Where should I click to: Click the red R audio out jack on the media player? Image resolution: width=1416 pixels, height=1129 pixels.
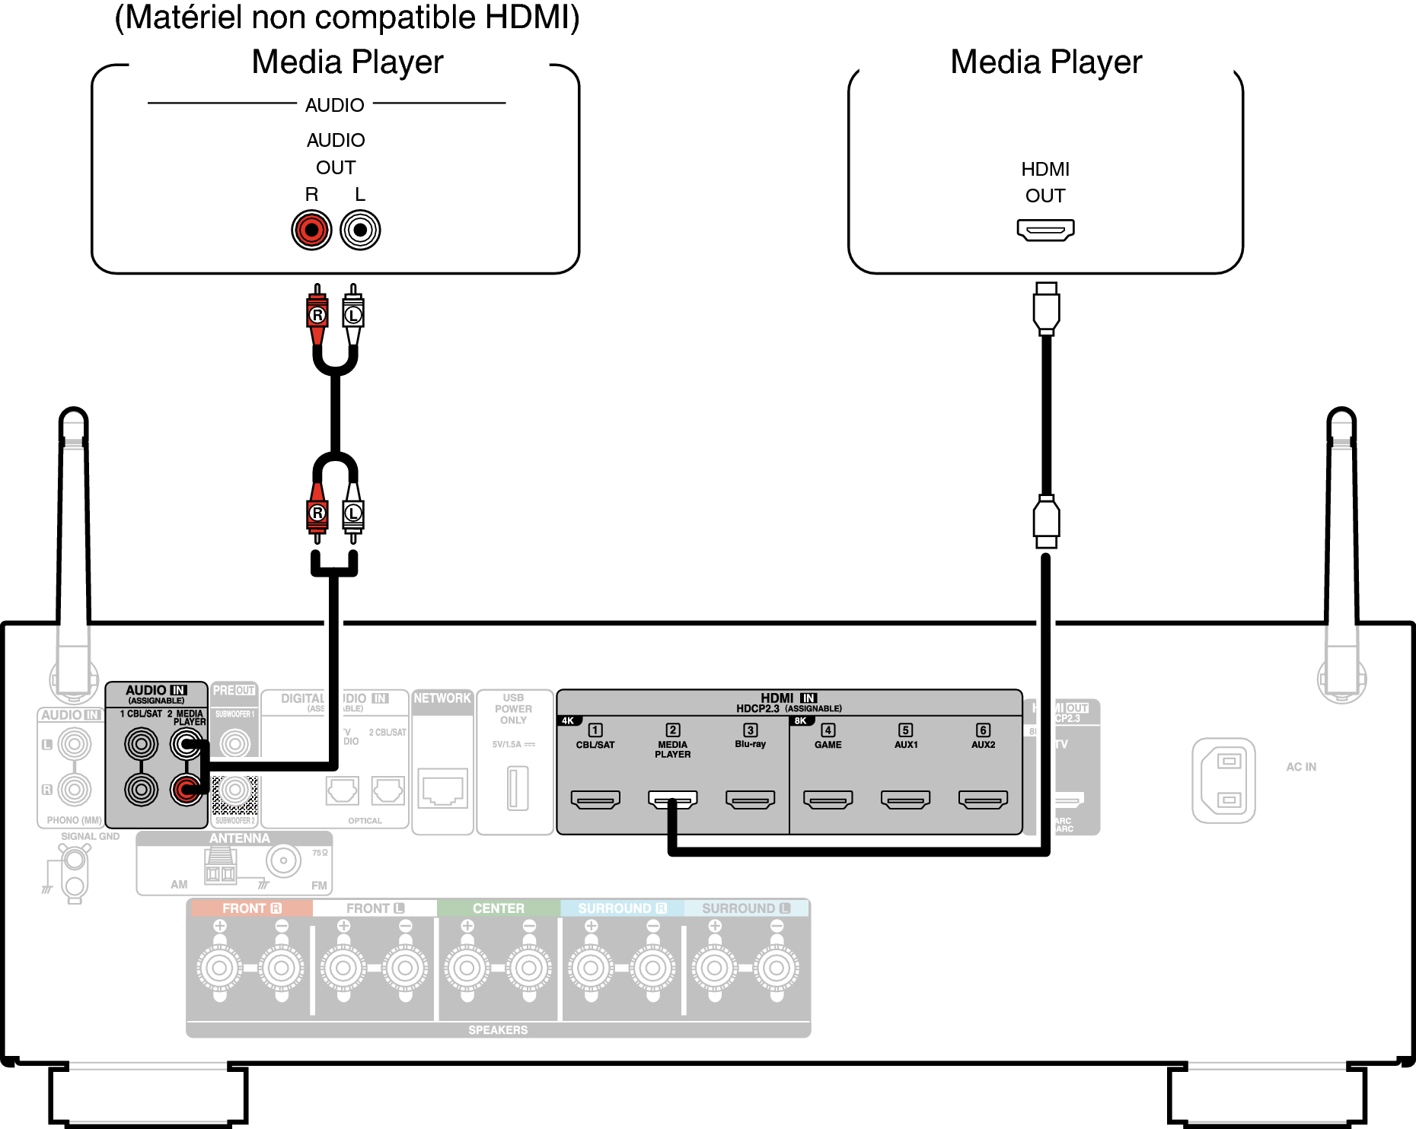[311, 230]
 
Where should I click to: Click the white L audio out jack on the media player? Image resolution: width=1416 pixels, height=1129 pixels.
[360, 230]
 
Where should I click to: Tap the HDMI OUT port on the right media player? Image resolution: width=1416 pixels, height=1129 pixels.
[1045, 229]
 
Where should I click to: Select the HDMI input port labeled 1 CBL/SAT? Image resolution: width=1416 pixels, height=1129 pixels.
[595, 800]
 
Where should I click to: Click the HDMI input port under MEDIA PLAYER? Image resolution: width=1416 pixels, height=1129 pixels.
[673, 800]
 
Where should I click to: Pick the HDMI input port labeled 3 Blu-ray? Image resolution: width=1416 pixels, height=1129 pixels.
[750, 800]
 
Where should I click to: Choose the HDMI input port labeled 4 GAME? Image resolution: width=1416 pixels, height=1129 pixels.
[828, 800]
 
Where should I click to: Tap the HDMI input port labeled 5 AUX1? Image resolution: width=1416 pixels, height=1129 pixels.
[905, 800]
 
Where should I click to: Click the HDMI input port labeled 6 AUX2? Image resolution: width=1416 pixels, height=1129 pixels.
[983, 800]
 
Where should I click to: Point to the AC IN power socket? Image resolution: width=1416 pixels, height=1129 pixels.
[1223, 781]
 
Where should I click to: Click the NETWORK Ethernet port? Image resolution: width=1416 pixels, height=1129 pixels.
[443, 790]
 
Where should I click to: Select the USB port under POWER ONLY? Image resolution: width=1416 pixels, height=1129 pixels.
[518, 788]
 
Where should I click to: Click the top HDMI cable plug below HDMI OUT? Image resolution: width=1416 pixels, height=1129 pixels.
[1046, 308]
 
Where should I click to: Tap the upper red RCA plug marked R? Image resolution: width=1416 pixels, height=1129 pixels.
[317, 314]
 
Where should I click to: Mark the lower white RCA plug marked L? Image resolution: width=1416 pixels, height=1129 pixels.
[352, 513]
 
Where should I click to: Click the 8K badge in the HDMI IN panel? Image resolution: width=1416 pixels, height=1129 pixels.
[800, 720]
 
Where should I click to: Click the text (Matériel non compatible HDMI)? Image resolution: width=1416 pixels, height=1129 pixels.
[347, 17]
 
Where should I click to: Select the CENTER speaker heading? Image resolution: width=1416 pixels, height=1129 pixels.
[498, 908]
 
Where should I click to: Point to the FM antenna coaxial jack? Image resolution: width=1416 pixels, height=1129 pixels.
[283, 861]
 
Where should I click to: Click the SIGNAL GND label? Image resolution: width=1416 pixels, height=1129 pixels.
[90, 836]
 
